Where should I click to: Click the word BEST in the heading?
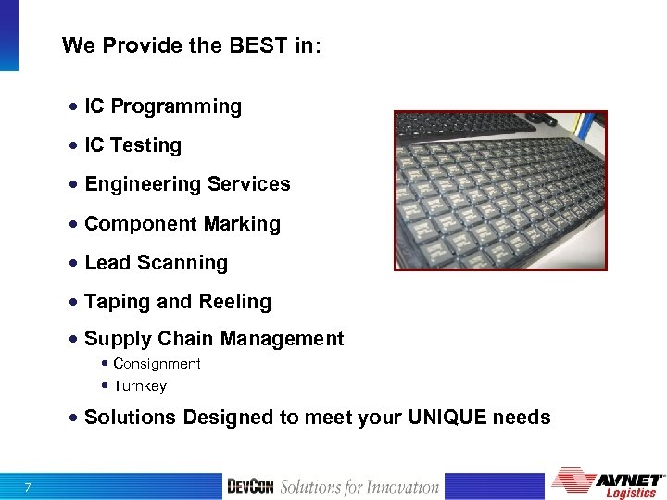pyautogui.click(x=236, y=45)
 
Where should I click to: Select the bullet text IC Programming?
pyautogui.click(x=163, y=106)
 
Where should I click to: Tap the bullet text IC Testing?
pyautogui.click(x=132, y=145)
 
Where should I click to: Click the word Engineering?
pyautogui.click(x=144, y=184)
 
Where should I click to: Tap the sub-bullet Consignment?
pyautogui.click(x=157, y=364)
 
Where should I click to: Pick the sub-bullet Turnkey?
pyautogui.click(x=140, y=386)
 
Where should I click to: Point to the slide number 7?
pyautogui.click(x=29, y=488)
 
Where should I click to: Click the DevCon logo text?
pyautogui.click(x=250, y=487)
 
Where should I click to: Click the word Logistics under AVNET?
pyautogui.click(x=630, y=493)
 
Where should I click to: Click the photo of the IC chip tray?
pyautogui.click(x=500, y=191)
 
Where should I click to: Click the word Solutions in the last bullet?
pyautogui.click(x=130, y=418)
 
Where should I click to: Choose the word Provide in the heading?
pyautogui.click(x=135, y=45)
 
